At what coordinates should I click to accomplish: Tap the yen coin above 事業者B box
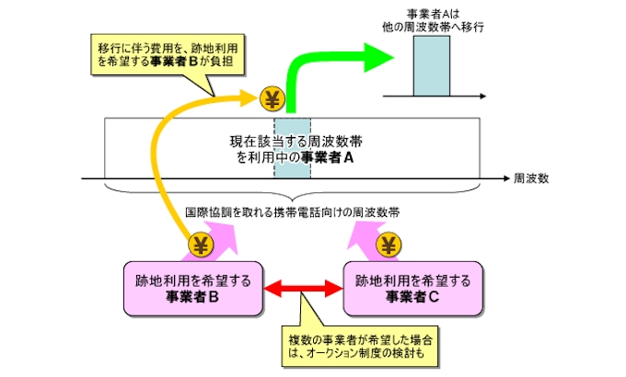[x=201, y=245]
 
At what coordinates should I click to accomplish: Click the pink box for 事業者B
[x=193, y=287]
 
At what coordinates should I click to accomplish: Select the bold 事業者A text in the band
[x=325, y=158]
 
